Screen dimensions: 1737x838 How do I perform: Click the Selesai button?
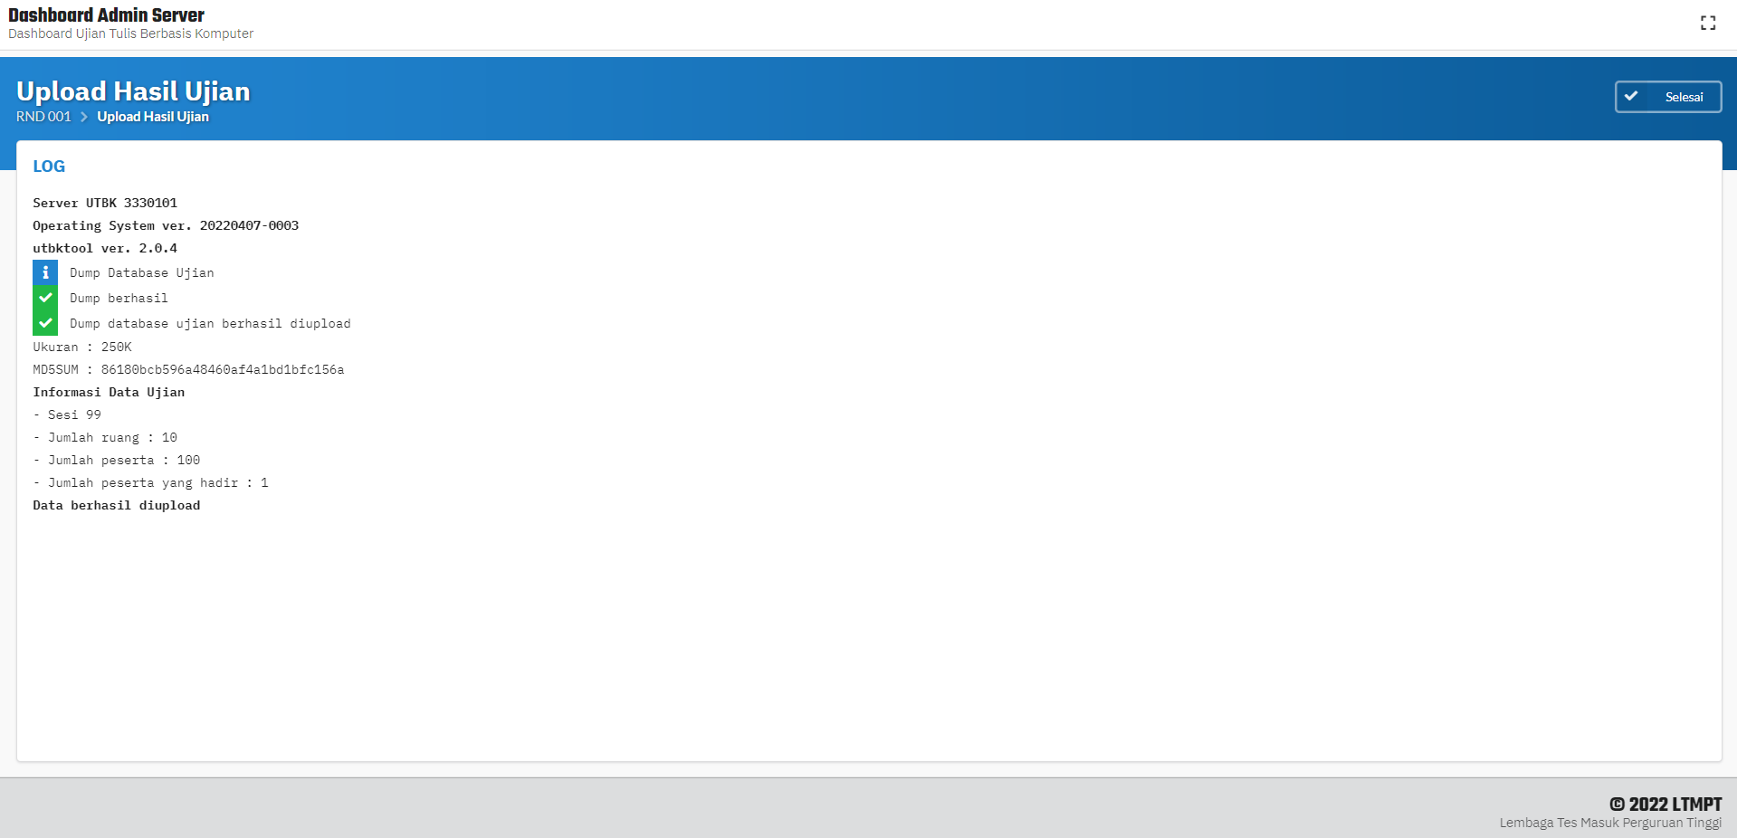pos(1667,97)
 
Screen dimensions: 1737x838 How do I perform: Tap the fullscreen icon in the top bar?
pos(1708,24)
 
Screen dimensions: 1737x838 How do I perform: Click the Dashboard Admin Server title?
pos(106,15)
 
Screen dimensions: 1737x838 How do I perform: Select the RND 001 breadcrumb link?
pos(43,117)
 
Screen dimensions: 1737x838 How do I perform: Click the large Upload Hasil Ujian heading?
pos(133,91)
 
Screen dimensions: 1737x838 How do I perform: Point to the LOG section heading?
pos(49,167)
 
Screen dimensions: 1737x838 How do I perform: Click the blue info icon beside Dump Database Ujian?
pos(45,272)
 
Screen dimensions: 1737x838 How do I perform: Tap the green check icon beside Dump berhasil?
pos(45,298)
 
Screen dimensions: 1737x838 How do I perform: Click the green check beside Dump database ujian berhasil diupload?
pos(45,323)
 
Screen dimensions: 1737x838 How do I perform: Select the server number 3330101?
pos(150,203)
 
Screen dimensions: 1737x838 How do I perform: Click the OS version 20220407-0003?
pos(249,225)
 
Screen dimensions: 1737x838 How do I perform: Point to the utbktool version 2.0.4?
pos(157,248)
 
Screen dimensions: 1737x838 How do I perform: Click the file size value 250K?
pos(117,347)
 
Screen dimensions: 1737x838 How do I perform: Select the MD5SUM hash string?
pos(223,369)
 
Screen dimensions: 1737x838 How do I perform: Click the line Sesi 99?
pos(67,414)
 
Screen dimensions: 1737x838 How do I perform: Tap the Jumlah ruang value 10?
pos(169,437)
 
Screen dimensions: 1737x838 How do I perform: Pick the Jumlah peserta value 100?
pos(188,460)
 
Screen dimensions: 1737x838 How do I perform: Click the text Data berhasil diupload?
pos(117,505)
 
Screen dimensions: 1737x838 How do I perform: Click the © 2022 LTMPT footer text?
pos(1665,805)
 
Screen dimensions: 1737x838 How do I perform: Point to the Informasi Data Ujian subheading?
pos(109,392)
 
